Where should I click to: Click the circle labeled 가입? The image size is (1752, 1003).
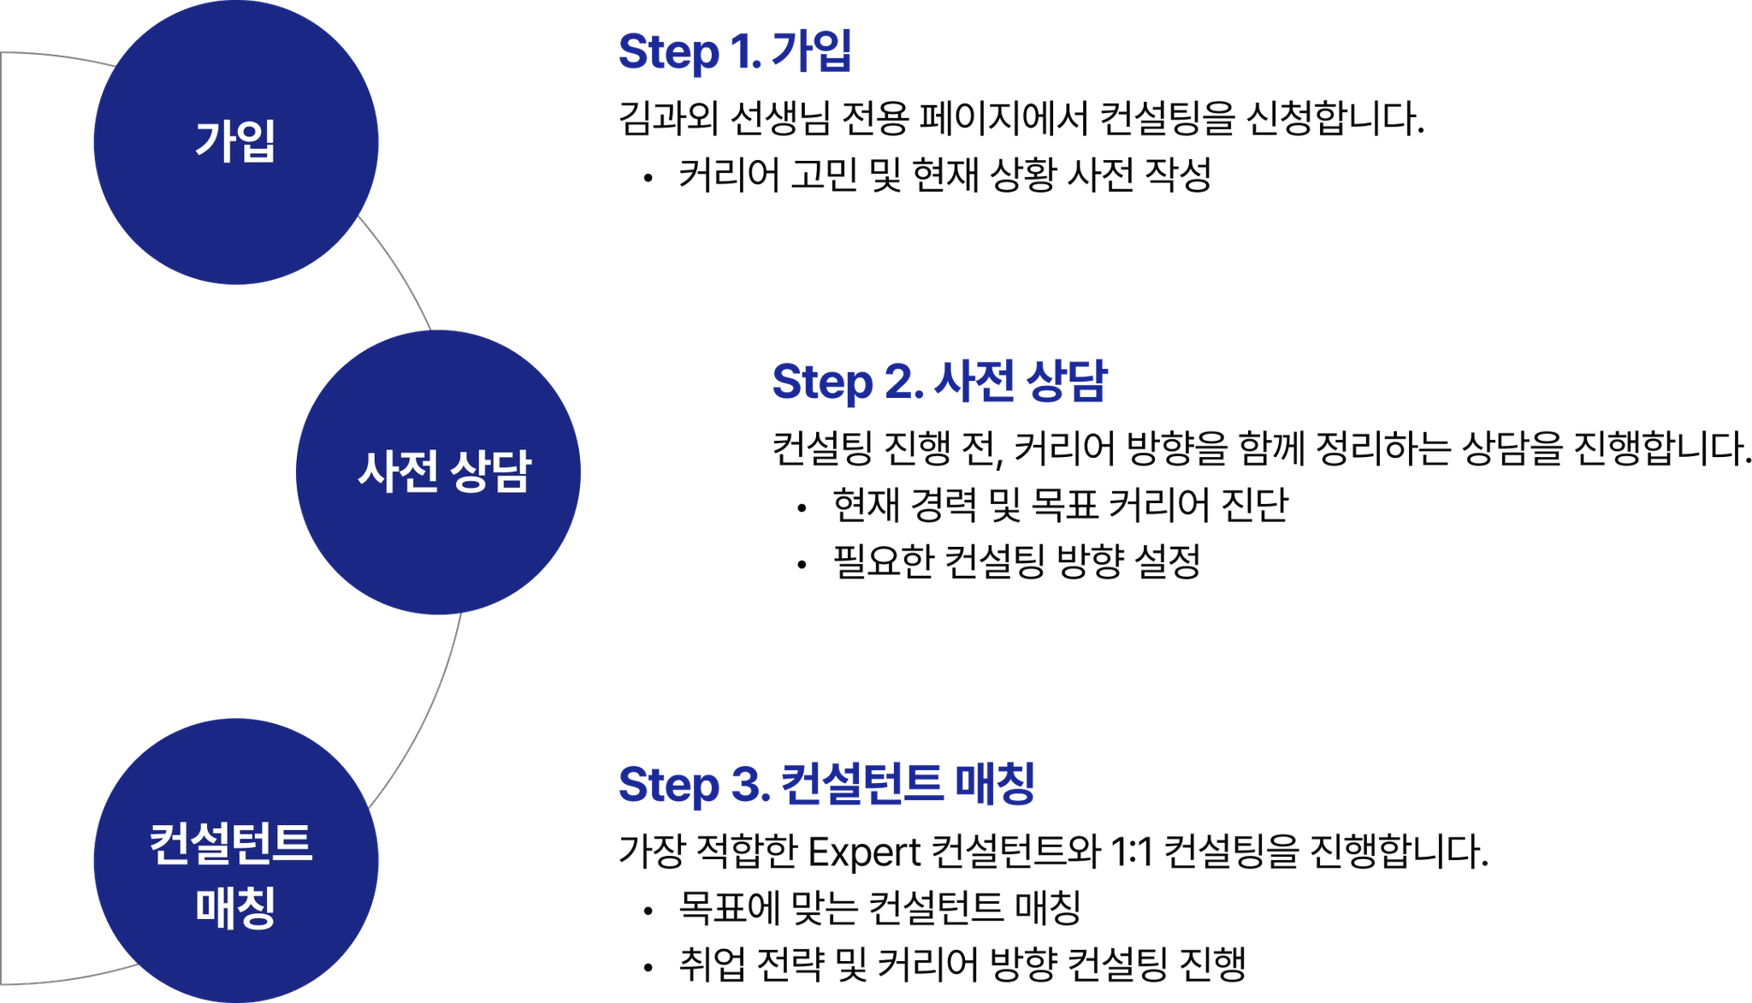235,141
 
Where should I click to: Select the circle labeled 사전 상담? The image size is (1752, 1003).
439,472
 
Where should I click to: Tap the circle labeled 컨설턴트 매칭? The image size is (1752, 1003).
235,860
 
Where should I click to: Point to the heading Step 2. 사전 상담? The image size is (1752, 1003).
938,382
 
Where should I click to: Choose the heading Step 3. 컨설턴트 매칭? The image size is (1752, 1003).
825,784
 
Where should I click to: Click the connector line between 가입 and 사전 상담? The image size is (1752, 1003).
396,271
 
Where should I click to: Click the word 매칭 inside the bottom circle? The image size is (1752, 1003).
235,907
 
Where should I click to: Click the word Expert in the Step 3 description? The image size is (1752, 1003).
863,852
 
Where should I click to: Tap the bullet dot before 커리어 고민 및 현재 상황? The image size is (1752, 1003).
649,177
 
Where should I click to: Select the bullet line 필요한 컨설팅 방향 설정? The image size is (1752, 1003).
1017,562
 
